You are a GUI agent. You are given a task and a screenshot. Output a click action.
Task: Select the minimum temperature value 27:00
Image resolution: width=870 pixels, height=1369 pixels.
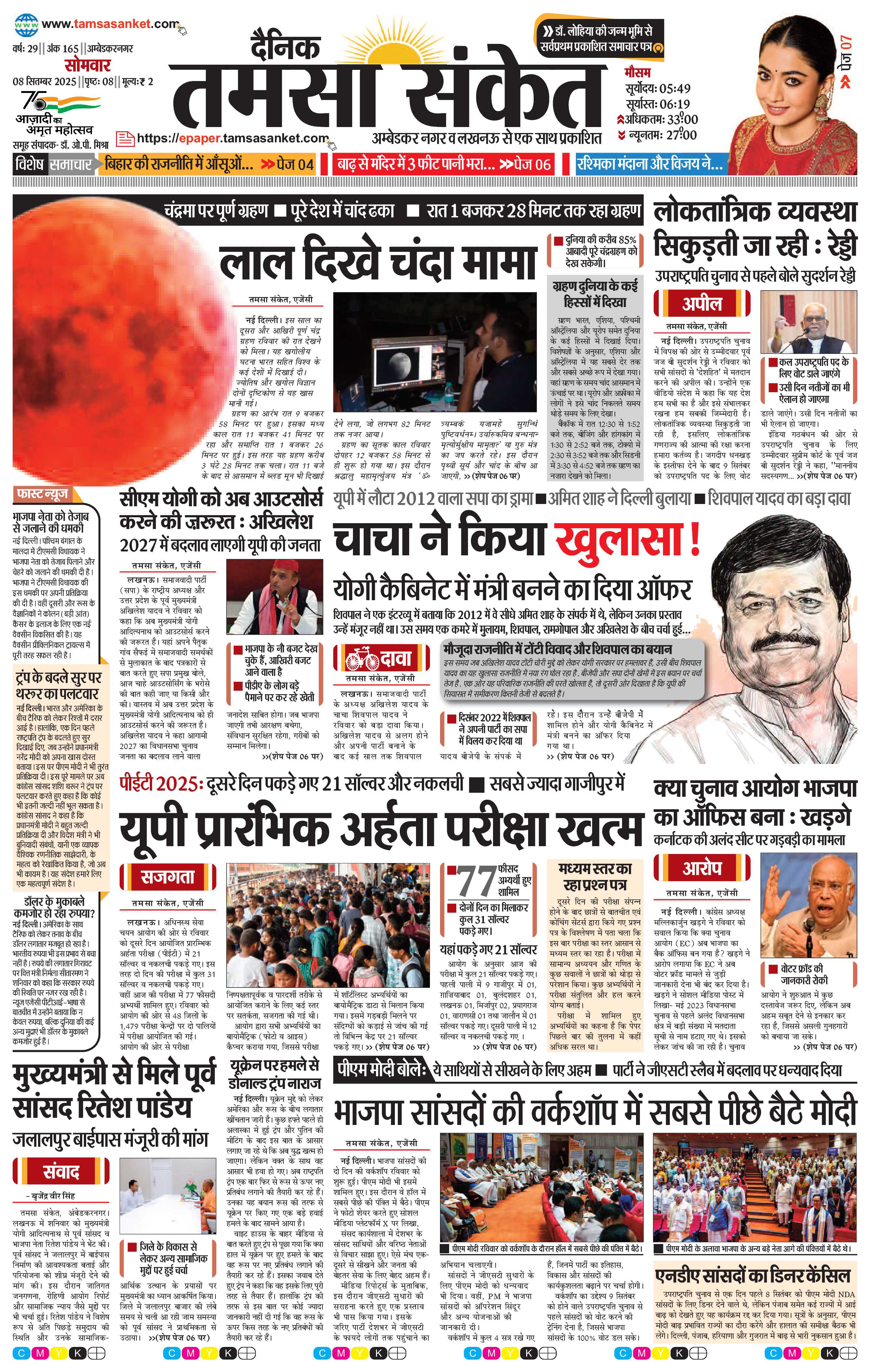(x=681, y=135)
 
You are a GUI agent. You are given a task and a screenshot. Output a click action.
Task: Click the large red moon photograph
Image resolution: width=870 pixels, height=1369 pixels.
(x=114, y=341)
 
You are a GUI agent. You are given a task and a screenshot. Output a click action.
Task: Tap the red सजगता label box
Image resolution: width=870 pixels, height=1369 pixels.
(x=168, y=877)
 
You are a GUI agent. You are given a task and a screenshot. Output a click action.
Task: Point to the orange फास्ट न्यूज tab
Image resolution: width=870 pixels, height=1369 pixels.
(x=49, y=495)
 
